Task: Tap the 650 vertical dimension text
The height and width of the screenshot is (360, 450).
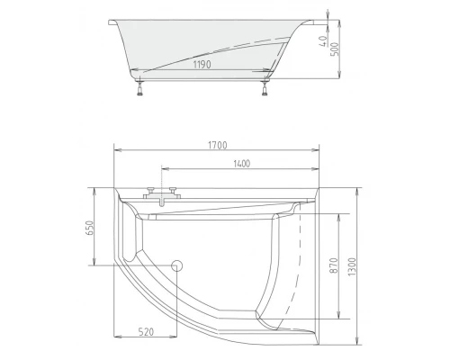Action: point(89,228)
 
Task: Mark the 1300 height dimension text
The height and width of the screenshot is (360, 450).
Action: point(354,265)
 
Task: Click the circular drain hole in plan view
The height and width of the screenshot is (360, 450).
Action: point(177,265)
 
